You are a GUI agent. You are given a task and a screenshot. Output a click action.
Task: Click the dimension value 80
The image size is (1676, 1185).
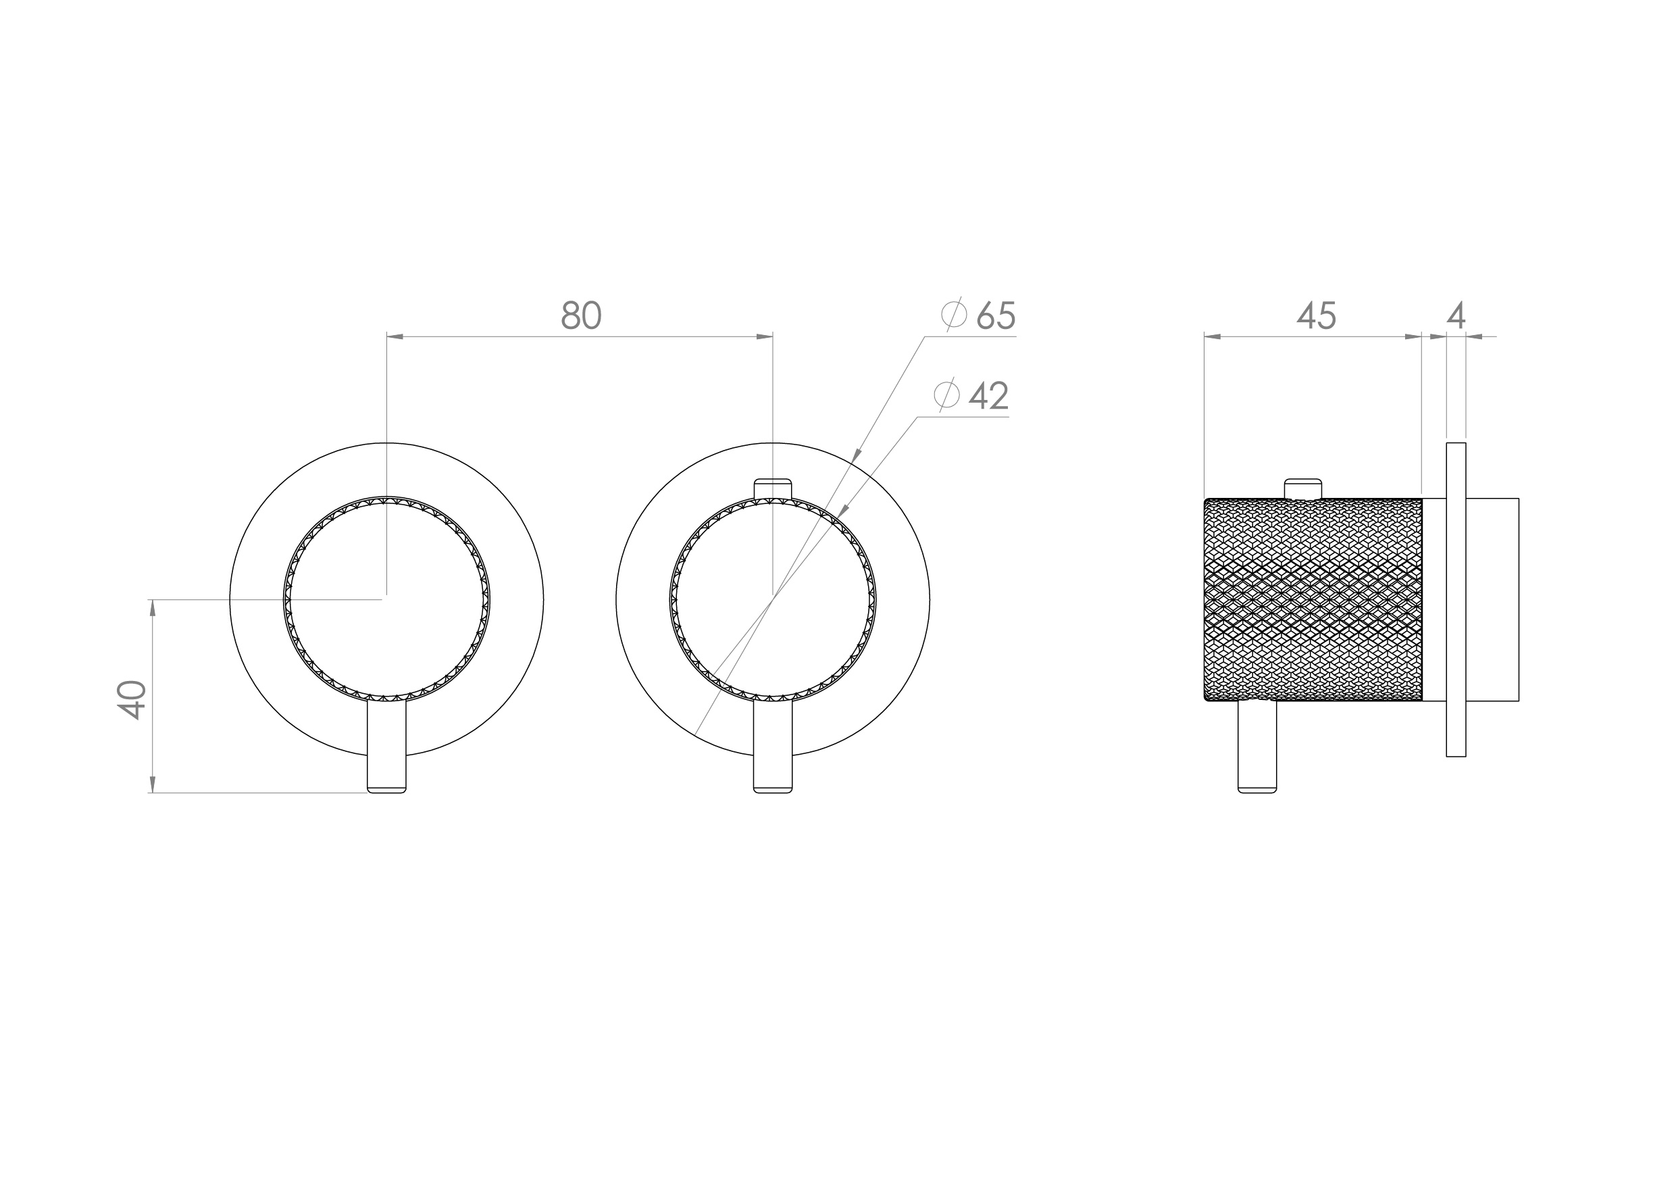point(581,316)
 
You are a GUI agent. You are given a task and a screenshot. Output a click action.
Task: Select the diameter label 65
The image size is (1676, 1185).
point(996,316)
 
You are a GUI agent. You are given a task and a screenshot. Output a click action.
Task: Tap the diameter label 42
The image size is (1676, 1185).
point(988,396)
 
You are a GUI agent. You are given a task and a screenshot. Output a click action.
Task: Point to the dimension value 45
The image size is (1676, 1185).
point(1316,316)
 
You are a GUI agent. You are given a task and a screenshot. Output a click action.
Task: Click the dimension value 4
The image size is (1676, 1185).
point(1456,316)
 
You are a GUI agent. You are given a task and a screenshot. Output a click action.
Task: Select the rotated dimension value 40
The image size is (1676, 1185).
point(132,699)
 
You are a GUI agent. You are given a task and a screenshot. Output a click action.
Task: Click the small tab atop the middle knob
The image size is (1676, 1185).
point(772,488)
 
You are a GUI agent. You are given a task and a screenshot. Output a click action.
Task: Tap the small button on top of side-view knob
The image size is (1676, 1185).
point(1302,488)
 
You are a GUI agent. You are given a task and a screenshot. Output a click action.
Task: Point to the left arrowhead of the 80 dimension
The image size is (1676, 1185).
point(395,336)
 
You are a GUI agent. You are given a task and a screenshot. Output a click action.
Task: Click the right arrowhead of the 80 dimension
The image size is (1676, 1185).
point(764,336)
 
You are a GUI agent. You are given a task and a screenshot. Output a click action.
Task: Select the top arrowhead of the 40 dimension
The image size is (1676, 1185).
point(153,607)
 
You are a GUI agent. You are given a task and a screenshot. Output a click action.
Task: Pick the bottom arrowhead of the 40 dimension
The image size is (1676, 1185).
point(153,784)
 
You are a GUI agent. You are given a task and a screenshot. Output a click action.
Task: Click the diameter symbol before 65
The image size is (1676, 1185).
point(954,315)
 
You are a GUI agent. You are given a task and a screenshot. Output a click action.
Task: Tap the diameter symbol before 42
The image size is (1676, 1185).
point(947,395)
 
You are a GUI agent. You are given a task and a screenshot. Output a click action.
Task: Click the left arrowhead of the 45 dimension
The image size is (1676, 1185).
point(1213,336)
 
